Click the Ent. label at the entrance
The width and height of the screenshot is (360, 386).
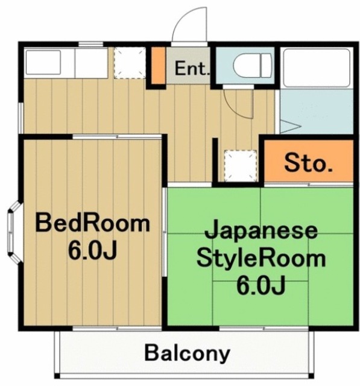192,68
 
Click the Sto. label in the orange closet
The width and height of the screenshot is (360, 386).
308,163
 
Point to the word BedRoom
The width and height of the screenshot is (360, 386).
92,223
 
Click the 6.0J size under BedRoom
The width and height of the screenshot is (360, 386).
92,250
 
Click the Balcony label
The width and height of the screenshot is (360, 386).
187,352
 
